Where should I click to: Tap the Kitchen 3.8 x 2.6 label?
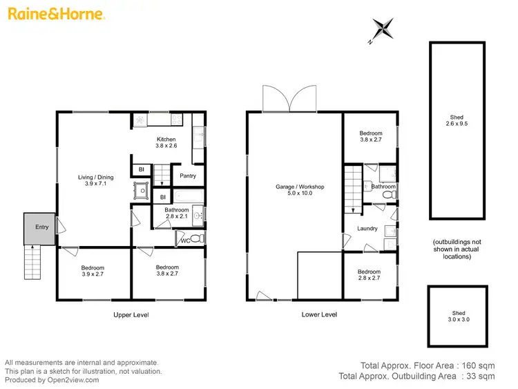pyautogui.click(x=166, y=142)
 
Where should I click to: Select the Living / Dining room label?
pyautogui.click(x=95, y=181)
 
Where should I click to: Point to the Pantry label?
pyautogui.click(x=188, y=175)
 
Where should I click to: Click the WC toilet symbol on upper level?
pyautogui.click(x=195, y=238)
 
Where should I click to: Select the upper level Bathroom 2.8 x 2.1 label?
pyautogui.click(x=177, y=214)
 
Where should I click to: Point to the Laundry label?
pyautogui.click(x=367, y=229)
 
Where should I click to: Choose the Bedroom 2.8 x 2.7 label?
pyautogui.click(x=370, y=275)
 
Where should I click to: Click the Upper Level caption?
pyautogui.click(x=131, y=315)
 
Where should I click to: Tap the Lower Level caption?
pyautogui.click(x=319, y=315)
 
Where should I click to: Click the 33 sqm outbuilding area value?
pyautogui.click(x=481, y=377)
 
